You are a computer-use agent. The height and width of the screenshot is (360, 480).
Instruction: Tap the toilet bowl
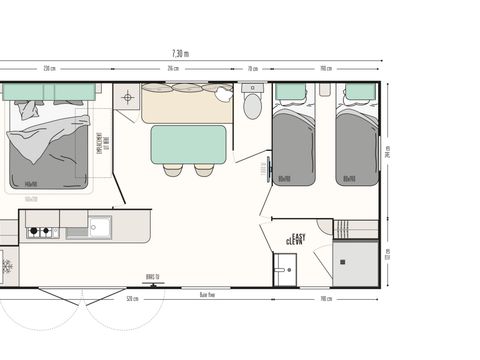(252, 104)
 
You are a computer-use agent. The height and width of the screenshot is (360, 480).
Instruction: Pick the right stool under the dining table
(204, 169)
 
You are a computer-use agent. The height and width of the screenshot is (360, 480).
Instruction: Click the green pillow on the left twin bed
(291, 93)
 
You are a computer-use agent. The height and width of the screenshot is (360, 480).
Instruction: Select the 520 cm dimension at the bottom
(132, 298)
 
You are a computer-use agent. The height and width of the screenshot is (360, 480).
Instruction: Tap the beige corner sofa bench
(186, 102)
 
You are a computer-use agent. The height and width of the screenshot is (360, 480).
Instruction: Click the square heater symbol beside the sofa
(128, 98)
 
